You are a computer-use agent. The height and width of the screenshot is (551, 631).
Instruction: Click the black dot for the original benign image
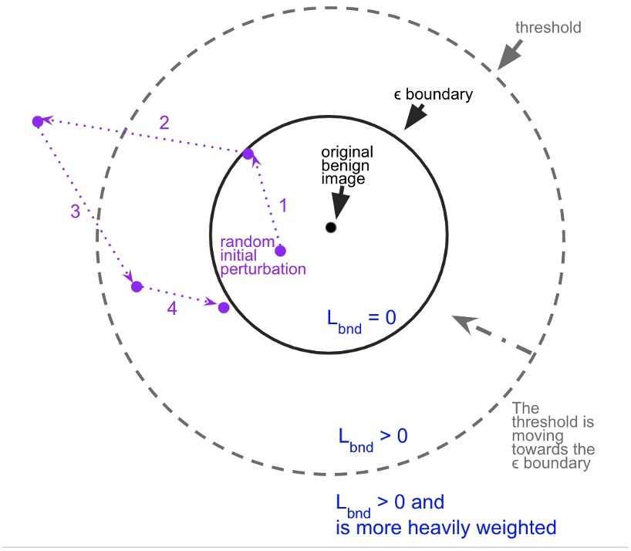(x=330, y=228)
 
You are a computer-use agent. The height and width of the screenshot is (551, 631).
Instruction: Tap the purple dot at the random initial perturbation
(x=280, y=251)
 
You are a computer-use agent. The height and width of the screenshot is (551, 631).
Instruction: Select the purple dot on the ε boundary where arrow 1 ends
(x=248, y=154)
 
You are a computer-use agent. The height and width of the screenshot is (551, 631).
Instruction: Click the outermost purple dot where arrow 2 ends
(x=37, y=121)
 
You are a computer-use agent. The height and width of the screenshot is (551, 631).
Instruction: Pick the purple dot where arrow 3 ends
(x=137, y=286)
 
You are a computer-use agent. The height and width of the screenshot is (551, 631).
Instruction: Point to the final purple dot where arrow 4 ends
(x=224, y=307)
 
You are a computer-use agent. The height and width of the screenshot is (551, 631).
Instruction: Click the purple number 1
(x=282, y=205)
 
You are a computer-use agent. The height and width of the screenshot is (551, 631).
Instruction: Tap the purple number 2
(x=164, y=122)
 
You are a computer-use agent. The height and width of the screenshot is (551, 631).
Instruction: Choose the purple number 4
(x=173, y=310)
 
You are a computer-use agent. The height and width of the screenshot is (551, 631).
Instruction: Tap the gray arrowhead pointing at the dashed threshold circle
(x=508, y=58)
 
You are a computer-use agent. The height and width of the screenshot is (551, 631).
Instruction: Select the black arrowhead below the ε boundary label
(x=414, y=117)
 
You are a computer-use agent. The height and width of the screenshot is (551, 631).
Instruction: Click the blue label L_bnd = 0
(x=359, y=318)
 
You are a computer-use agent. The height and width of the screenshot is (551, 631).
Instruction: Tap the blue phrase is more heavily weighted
(x=446, y=528)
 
